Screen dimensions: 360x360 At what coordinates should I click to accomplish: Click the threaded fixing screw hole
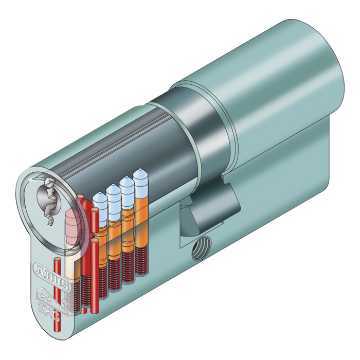point(202,248)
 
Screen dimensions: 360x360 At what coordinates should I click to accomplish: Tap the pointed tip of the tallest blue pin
point(140,170)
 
